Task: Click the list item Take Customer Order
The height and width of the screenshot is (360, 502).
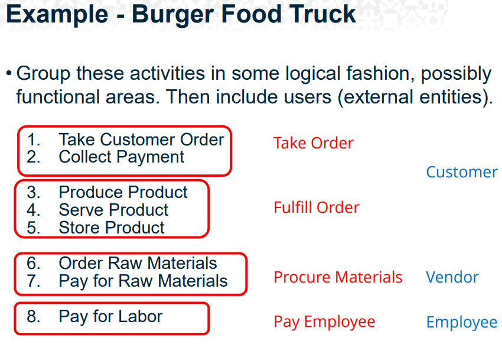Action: click(x=141, y=140)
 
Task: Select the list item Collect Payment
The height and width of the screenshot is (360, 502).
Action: click(x=121, y=157)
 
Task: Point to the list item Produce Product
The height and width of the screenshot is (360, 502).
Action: click(x=123, y=192)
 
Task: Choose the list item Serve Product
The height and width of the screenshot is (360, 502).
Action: click(x=113, y=210)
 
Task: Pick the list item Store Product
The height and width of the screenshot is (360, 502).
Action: click(x=112, y=228)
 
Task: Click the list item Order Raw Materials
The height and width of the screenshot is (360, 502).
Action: click(x=138, y=263)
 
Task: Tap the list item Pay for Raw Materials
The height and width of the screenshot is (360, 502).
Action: click(x=143, y=281)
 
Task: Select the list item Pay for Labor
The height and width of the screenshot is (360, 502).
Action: click(x=110, y=316)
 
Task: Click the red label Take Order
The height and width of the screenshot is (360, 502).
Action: click(x=313, y=143)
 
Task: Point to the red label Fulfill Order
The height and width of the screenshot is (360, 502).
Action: click(x=316, y=207)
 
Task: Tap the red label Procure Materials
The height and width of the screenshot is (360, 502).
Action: click(x=338, y=277)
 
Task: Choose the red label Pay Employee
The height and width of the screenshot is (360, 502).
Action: click(x=324, y=322)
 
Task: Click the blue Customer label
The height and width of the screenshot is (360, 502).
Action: click(x=462, y=172)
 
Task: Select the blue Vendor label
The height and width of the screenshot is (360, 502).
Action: click(x=452, y=277)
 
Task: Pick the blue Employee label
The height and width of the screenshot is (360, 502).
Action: click(x=462, y=322)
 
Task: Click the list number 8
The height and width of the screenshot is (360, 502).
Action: click(x=33, y=316)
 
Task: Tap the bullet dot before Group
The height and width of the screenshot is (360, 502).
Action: click(x=9, y=74)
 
